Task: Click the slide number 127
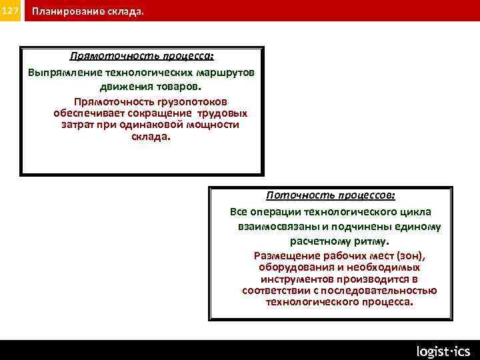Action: click(11, 11)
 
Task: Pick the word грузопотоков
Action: click(193, 102)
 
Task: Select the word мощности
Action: click(214, 125)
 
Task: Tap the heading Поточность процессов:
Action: click(331, 195)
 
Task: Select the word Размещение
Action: click(285, 256)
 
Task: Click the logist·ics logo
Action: click(443, 351)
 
